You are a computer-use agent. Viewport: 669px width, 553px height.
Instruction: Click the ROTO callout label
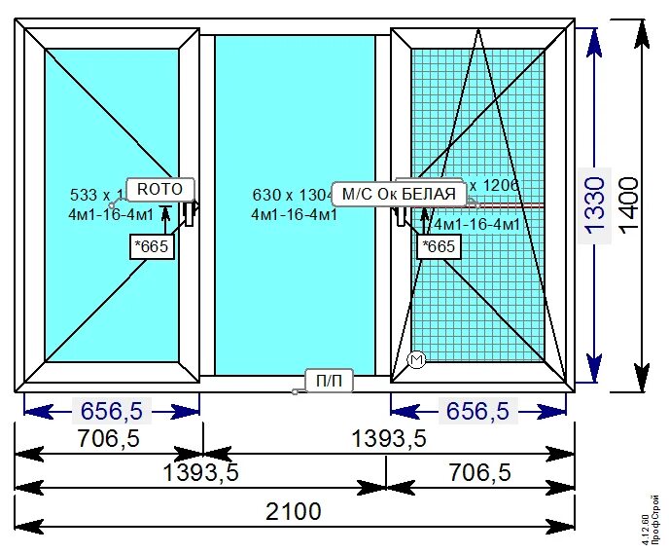click(160, 189)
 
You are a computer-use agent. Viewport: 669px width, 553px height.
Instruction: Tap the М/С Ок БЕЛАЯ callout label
click(395, 194)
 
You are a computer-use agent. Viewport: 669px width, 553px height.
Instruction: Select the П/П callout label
click(329, 381)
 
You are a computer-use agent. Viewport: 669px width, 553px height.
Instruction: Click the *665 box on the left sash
click(152, 246)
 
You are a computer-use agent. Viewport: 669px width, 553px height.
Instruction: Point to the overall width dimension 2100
click(294, 510)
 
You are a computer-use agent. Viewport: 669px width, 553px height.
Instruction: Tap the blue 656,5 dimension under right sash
click(476, 411)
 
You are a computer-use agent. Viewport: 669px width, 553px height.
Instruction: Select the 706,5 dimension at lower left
click(108, 439)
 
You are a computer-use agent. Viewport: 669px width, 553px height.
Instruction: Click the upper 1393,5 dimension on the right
click(388, 439)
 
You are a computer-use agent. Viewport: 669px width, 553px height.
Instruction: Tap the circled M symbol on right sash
click(416, 360)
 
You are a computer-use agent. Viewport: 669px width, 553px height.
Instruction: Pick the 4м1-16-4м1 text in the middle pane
click(294, 214)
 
